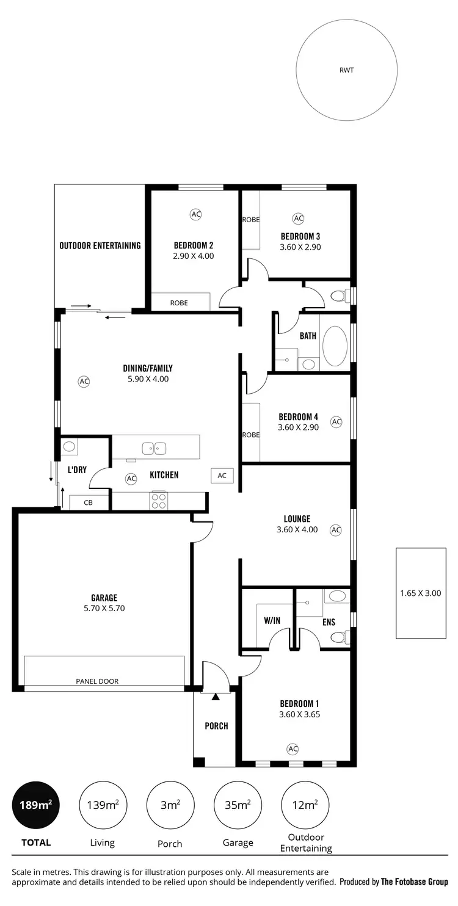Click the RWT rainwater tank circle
click(346, 70)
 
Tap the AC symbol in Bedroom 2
click(195, 214)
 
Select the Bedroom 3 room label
click(300, 236)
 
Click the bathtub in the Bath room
click(334, 346)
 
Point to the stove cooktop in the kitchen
click(159, 501)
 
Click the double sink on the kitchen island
click(154, 449)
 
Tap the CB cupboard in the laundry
click(89, 503)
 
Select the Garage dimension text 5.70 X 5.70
click(104, 608)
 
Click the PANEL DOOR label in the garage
click(97, 681)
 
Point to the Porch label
click(216, 726)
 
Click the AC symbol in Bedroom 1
click(293, 748)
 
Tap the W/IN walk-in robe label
click(272, 621)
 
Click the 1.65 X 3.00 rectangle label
click(420, 593)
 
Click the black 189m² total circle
click(35, 805)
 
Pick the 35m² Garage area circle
click(238, 805)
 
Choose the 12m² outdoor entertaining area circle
click(305, 805)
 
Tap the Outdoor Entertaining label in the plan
click(100, 245)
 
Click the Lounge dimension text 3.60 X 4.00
click(297, 530)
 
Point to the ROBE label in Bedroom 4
click(251, 435)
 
